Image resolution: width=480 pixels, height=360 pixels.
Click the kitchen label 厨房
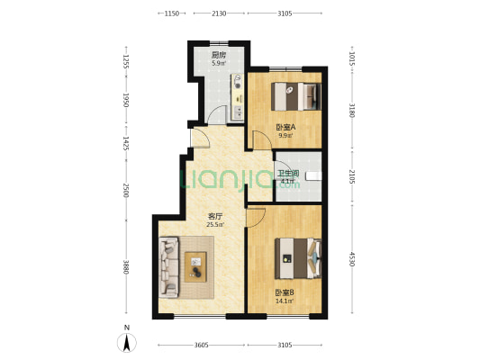click(219, 55)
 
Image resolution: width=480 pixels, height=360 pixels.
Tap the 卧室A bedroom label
click(285, 127)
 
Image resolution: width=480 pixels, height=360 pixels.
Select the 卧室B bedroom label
click(285, 292)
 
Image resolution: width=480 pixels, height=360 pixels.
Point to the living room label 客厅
click(215, 217)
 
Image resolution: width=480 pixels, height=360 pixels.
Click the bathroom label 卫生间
click(288, 174)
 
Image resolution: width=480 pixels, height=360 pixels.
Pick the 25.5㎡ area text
click(215, 225)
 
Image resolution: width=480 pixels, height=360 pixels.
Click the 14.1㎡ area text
click(285, 301)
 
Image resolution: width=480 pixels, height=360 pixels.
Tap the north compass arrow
click(127, 343)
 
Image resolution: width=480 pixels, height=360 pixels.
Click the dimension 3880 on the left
click(125, 267)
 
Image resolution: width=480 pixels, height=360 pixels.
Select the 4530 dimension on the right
click(352, 259)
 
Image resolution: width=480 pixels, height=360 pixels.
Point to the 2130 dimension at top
click(219, 13)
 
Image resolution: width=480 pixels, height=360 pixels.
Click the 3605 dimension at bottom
click(201, 346)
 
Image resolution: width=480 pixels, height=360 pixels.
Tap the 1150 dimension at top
click(172, 13)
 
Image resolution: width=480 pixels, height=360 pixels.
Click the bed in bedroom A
click(296, 96)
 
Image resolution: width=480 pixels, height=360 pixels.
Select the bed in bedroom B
click(298, 258)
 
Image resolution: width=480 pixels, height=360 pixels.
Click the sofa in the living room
click(168, 267)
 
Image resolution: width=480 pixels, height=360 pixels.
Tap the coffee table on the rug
click(195, 267)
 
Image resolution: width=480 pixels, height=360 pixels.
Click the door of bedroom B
click(257, 218)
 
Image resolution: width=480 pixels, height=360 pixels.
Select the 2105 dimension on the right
click(352, 176)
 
